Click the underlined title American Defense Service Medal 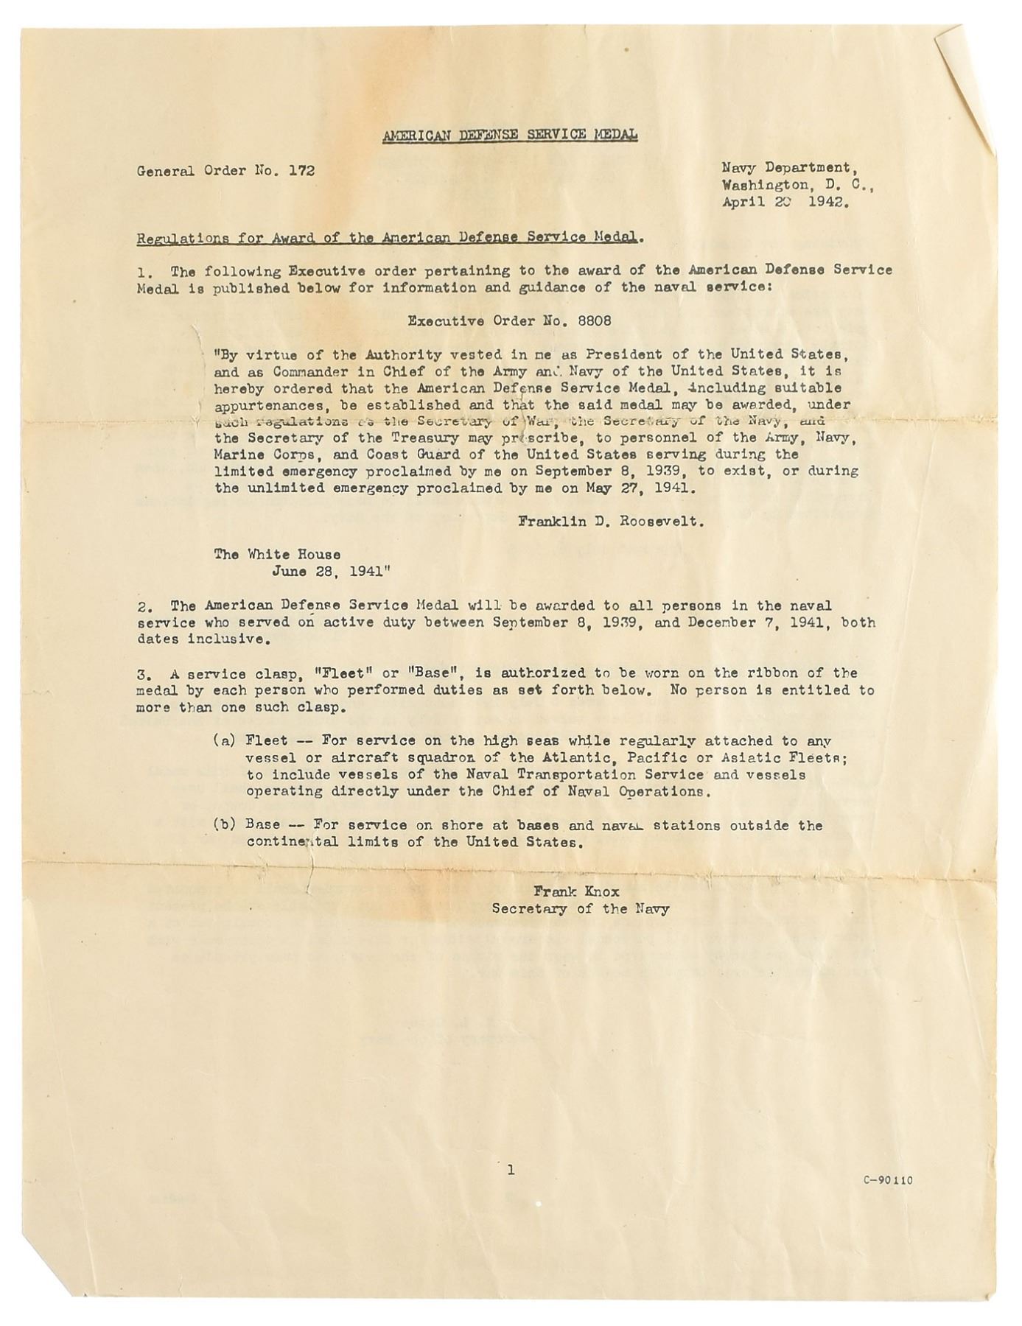tap(510, 135)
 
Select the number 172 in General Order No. tap(301, 171)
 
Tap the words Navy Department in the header tap(785, 168)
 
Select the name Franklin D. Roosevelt tap(611, 522)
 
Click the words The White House tap(277, 554)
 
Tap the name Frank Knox tap(576, 891)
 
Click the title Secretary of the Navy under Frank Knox tap(581, 909)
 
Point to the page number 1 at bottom tap(511, 1169)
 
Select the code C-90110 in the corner tap(888, 1180)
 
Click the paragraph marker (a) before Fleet tap(224, 740)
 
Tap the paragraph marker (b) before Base tap(224, 825)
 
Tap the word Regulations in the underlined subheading tap(181, 238)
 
